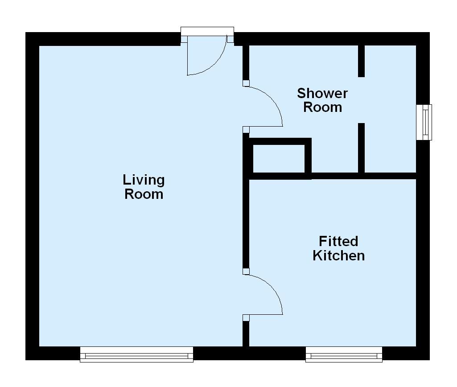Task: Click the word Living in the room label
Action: click(144, 180)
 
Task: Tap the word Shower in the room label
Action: click(322, 93)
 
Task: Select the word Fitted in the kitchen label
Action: click(338, 241)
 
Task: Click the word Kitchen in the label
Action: click(338, 255)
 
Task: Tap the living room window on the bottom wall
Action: click(136, 355)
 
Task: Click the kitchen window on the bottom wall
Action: click(344, 355)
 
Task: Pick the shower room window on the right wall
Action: click(424, 122)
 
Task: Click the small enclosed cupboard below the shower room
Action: click(279, 158)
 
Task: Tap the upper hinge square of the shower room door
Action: click(246, 83)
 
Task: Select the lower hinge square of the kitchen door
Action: click(246, 317)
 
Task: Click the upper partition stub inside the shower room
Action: click(361, 61)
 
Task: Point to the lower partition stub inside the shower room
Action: click(361, 147)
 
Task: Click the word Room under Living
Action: click(144, 194)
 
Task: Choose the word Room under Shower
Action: click(322, 107)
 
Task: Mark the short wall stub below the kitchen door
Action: click(245, 333)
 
